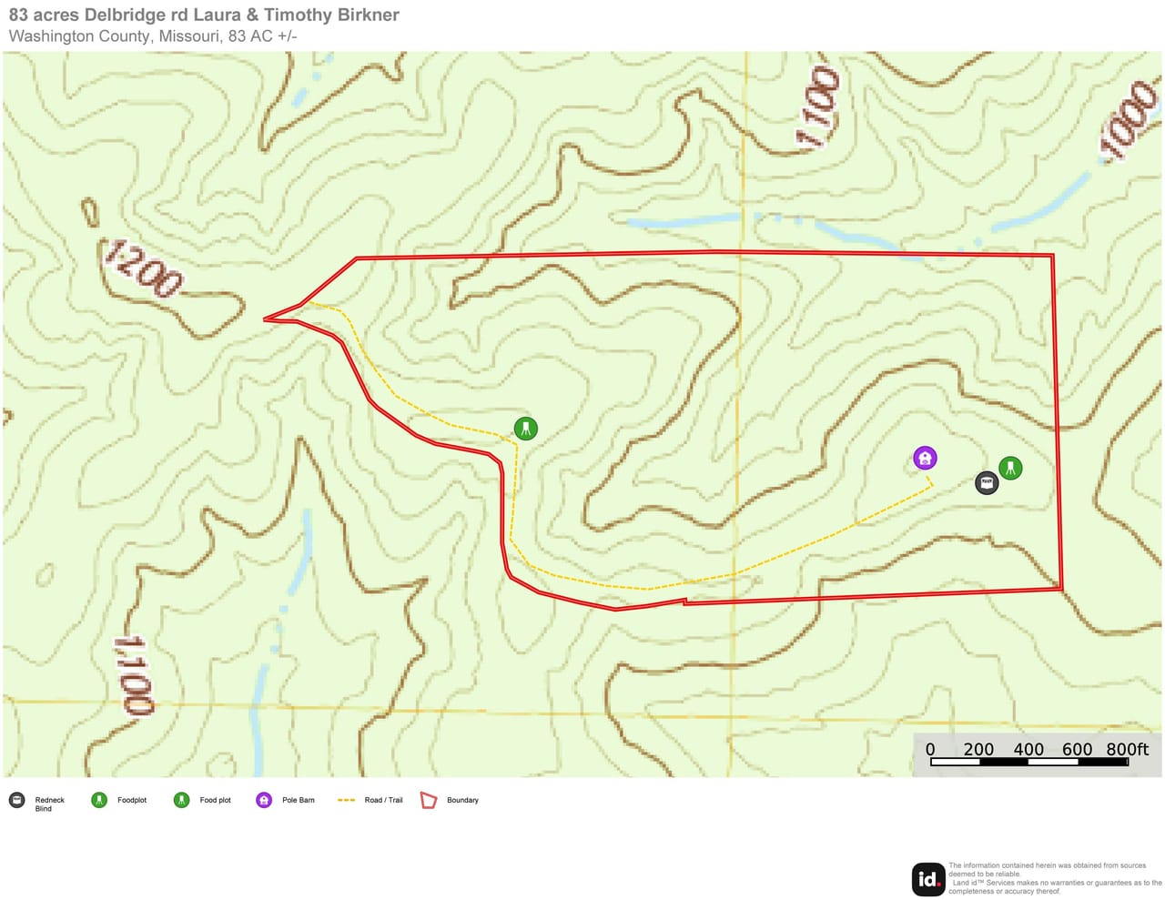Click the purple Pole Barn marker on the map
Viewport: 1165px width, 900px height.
point(925,458)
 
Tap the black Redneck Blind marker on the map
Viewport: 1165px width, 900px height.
point(987,482)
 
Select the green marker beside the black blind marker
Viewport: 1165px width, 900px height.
point(1010,468)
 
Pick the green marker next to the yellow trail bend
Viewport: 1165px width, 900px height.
point(525,428)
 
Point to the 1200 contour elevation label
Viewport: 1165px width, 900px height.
point(143,269)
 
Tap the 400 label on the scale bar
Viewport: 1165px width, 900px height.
point(1028,749)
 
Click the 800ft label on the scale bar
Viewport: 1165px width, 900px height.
point(1127,749)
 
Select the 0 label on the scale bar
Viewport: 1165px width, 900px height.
point(930,749)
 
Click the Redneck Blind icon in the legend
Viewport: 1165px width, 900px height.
point(16,800)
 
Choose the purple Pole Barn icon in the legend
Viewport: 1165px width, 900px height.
point(264,800)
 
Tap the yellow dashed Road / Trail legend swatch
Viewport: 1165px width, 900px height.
point(346,800)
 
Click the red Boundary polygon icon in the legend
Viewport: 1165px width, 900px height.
point(429,800)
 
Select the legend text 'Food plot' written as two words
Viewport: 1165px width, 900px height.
point(215,800)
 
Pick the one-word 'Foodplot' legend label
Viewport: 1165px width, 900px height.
point(132,800)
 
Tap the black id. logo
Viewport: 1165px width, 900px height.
point(928,879)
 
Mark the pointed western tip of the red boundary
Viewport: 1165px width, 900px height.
point(265,319)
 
